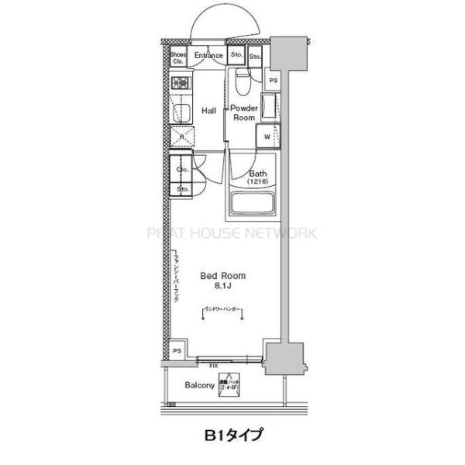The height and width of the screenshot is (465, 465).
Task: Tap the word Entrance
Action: [x=208, y=56]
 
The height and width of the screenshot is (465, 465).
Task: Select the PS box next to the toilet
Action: [x=272, y=80]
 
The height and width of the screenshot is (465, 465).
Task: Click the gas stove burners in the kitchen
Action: [x=181, y=84]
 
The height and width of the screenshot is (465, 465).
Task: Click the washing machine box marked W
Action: [x=267, y=136]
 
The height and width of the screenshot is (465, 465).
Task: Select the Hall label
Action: [x=208, y=111]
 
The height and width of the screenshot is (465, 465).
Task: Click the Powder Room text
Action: [x=244, y=113]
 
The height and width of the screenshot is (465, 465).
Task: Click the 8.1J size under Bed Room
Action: [x=223, y=287]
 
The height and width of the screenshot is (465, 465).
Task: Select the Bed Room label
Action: [x=223, y=276]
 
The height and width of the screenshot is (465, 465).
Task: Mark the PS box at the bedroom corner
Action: [x=177, y=350]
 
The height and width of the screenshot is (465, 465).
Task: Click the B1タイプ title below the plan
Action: [x=233, y=436]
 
